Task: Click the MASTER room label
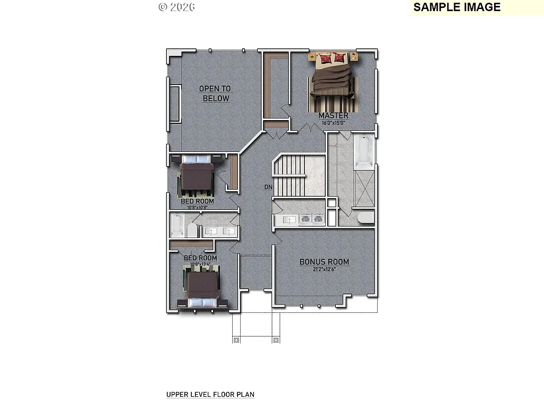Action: click(x=334, y=115)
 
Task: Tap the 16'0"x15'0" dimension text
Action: click(x=334, y=123)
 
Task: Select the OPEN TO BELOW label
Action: click(x=215, y=93)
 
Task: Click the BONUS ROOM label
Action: click(x=324, y=262)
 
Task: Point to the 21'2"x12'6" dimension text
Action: click(x=324, y=269)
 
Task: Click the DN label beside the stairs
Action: click(x=268, y=187)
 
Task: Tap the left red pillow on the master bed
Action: click(x=324, y=57)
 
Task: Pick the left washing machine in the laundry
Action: click(x=306, y=218)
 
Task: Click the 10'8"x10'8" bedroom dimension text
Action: click(x=197, y=208)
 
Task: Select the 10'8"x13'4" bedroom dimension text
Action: click(x=200, y=264)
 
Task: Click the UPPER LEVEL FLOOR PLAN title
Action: click(x=210, y=395)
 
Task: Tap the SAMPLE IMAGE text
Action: click(x=457, y=7)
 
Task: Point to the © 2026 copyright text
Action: click(x=176, y=7)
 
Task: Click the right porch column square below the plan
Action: click(x=276, y=339)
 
